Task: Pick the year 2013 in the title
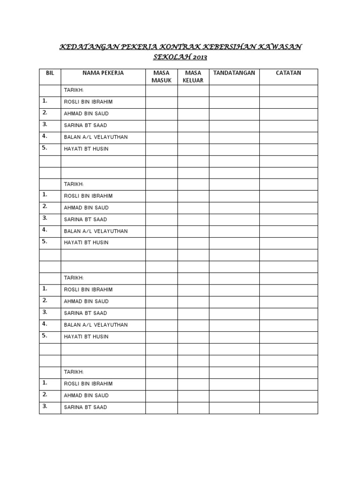point(199,58)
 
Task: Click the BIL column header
point(50,73)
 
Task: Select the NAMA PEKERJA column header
point(103,73)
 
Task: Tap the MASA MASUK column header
point(161,77)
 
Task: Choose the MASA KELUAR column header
point(193,77)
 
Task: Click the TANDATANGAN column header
point(234,73)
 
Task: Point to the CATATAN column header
point(288,73)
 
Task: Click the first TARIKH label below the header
point(74,90)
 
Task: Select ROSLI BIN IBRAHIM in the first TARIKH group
point(88,102)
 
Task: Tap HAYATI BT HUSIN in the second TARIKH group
point(86,243)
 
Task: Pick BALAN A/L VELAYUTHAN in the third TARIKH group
point(96,325)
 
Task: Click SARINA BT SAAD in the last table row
point(85,407)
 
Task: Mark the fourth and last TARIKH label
point(74,372)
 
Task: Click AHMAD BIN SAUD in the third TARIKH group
point(86,301)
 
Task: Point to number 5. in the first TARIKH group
point(45,148)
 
